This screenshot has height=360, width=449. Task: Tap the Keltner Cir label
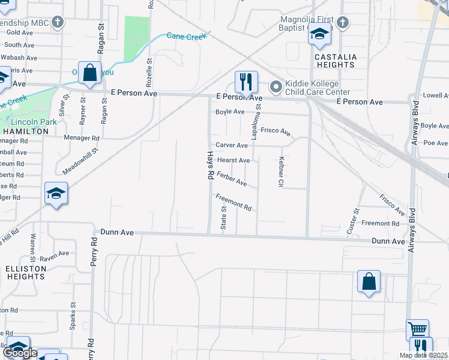click(280, 172)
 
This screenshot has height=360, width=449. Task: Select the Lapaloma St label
click(255, 123)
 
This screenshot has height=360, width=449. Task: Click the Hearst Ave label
click(234, 160)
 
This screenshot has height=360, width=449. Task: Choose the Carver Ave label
click(232, 145)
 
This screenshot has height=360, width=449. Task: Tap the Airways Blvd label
click(413, 230)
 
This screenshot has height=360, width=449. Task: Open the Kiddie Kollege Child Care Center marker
click(276, 88)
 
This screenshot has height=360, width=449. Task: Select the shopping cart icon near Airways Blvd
click(417, 329)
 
